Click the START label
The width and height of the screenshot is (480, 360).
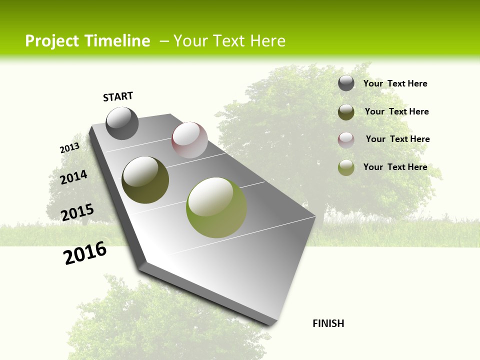click(118, 96)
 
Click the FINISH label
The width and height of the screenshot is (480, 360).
click(328, 323)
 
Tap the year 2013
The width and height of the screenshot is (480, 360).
click(69, 148)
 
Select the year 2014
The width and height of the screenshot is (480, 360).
click(73, 177)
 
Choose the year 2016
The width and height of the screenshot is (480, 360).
click(85, 252)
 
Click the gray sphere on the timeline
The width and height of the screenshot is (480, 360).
click(122, 123)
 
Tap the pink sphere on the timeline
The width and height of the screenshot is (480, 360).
click(189, 140)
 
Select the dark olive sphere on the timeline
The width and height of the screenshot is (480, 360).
click(145, 179)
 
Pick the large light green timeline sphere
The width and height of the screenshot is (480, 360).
click(216, 207)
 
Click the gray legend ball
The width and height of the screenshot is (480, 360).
click(346, 83)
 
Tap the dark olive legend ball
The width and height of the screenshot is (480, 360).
click(346, 112)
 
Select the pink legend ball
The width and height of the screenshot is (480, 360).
click(346, 140)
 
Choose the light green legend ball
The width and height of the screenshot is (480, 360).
click(346, 167)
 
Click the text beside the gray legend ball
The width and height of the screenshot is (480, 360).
click(395, 83)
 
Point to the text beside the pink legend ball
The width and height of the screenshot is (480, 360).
click(397, 139)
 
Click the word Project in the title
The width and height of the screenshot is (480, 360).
click(52, 41)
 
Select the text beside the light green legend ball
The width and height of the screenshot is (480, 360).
click(395, 167)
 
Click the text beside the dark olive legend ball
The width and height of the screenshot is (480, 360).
click(396, 111)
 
